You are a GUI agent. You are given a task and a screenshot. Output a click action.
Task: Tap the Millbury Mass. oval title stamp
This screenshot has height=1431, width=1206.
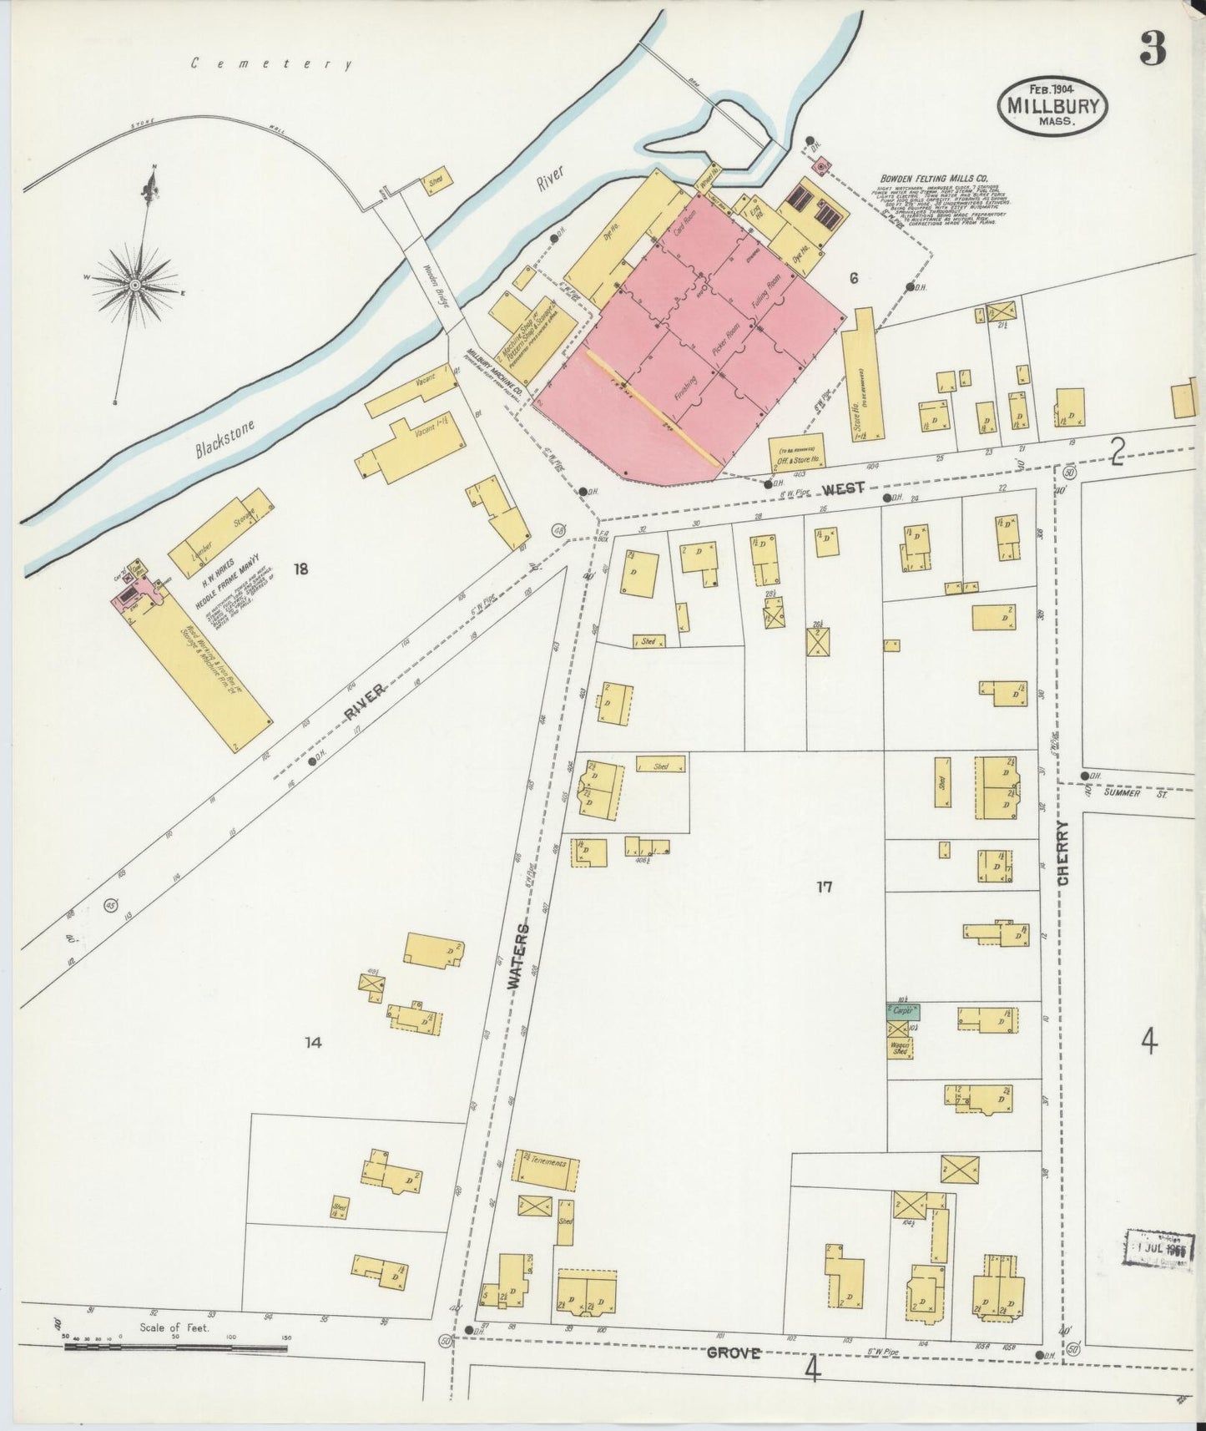tap(1052, 106)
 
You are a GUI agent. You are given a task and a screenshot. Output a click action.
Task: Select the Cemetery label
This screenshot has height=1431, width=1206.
tap(271, 63)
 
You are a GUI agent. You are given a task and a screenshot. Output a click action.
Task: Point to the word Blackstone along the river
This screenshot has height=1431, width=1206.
tap(225, 437)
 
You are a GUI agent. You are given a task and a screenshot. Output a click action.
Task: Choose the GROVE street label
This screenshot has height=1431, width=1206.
tap(734, 1353)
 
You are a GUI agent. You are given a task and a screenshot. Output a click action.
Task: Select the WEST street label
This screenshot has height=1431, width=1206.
tap(842, 488)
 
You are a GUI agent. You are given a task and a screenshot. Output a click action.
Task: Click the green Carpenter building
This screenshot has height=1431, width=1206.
tap(902, 1010)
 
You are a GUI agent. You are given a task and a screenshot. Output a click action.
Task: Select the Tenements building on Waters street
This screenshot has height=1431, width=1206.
tap(549, 1171)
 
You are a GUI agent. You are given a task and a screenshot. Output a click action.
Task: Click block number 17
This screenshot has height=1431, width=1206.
tap(824, 887)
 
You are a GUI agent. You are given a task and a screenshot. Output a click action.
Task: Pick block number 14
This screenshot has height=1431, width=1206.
tap(313, 1042)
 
